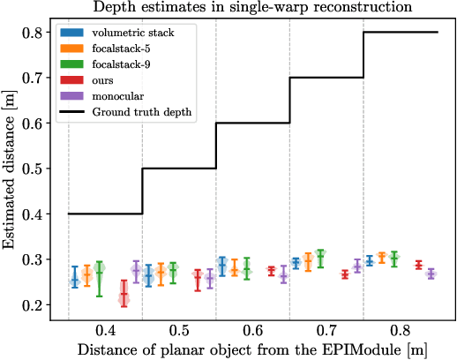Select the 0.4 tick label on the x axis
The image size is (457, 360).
pos(105,330)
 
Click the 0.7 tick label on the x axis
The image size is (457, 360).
pos(326,330)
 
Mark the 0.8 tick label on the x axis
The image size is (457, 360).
pos(401,330)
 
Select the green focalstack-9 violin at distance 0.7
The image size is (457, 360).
pos(320,258)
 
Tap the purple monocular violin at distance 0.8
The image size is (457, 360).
pos(431,274)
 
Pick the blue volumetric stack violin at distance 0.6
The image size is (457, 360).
pos(222,265)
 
